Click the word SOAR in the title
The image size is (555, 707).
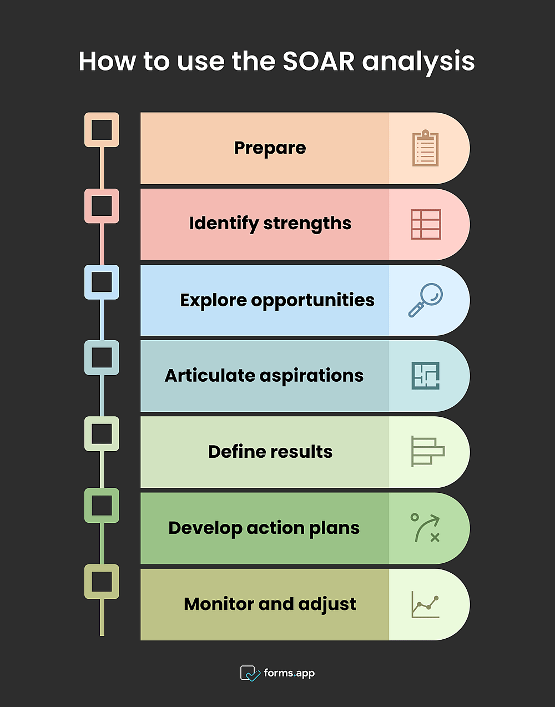319,61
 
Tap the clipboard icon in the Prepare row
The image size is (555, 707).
425,148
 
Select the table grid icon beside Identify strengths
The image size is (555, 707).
426,224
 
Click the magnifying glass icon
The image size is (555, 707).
426,300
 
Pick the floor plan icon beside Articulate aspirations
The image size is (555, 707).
426,376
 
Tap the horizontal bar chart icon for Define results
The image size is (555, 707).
427,451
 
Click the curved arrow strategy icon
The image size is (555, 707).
425,528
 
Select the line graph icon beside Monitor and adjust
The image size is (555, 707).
425,604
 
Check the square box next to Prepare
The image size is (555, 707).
102,130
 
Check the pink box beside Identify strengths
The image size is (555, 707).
102,206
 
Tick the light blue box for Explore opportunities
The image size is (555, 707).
102,282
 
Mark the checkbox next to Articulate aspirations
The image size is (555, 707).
102,357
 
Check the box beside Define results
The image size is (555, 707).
102,434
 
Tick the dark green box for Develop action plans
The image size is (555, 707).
102,506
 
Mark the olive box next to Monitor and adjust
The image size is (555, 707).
102,582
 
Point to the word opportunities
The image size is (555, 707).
312,301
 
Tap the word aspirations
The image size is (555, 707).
311,376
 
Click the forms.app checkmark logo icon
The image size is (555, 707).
250,673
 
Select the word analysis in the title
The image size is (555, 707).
418,62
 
